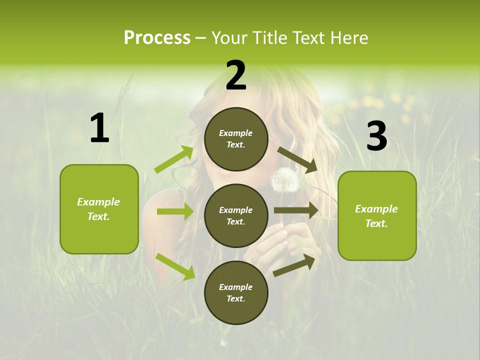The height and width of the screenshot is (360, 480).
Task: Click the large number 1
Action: [99, 128]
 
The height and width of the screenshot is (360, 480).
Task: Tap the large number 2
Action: [236, 75]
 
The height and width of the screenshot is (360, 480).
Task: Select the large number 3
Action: [376, 136]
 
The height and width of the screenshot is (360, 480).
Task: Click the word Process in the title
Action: [157, 37]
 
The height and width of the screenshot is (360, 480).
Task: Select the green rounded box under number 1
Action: [99, 209]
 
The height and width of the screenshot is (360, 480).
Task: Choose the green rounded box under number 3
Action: [377, 215]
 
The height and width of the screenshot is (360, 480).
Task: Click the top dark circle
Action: [236, 139]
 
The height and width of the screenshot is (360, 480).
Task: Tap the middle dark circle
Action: [236, 215]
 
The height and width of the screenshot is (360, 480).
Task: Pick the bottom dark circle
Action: [236, 292]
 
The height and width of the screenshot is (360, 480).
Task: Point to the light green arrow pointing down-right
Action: [175, 266]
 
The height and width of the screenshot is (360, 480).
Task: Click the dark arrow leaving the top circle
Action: [297, 158]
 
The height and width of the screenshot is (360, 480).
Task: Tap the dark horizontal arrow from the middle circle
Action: [296, 210]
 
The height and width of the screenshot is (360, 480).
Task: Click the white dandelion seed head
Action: [285, 180]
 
